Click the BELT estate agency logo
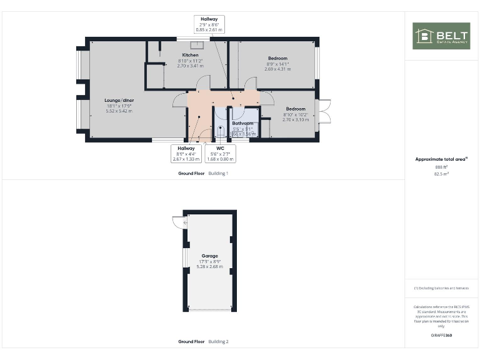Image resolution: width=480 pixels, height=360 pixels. click(441, 36)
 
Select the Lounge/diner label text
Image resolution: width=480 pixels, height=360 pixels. click(119, 100)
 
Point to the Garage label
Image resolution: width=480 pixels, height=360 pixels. click(210, 256)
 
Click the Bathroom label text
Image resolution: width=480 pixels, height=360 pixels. click(242, 124)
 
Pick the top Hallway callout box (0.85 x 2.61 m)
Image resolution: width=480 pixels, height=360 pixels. click(209, 24)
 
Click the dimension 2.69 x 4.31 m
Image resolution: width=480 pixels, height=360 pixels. click(277, 69)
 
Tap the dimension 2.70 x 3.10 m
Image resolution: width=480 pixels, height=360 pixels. click(296, 119)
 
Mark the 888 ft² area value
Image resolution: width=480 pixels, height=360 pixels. click(442, 167)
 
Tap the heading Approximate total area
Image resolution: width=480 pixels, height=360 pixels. click(441, 159)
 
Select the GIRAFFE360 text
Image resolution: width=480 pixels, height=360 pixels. click(442, 336)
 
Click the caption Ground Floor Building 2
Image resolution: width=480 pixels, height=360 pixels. click(203, 342)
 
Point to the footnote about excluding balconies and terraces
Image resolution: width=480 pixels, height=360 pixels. click(442, 288)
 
